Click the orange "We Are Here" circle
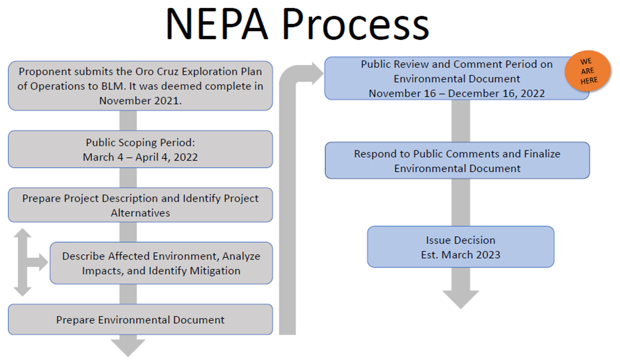pos(588,71)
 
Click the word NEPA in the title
pos(217,24)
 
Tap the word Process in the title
pos(355,24)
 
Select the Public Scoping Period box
pos(140,149)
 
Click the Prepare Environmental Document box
pos(140,320)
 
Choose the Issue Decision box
pos(461,247)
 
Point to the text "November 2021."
pos(140,101)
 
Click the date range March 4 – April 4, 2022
pos(140,157)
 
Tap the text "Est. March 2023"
pos(461,255)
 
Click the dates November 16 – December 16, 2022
pos(456,94)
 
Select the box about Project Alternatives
pos(140,204)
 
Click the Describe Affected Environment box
pos(161,263)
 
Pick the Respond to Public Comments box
pos(458,160)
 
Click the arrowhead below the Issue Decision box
pos(461,299)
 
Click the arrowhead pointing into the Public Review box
pos(318,73)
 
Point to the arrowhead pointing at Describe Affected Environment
pos(43,263)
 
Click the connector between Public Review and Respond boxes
pos(461,121)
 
